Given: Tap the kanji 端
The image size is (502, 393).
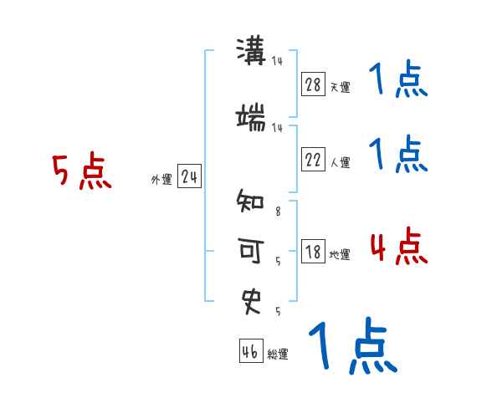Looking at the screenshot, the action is (252, 118).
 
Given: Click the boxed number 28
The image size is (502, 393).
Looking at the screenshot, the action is (313, 85).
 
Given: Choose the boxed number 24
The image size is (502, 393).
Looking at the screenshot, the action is (189, 177).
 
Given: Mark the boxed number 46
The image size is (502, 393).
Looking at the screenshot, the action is (250, 352).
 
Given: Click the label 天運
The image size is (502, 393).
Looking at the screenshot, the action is (340, 87).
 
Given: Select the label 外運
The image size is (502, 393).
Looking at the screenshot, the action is (161, 179).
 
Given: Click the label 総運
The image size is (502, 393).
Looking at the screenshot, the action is (278, 354).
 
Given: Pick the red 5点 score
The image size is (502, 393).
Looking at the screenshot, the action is (81, 172).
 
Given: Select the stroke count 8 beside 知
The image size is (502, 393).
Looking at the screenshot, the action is (278, 212).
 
